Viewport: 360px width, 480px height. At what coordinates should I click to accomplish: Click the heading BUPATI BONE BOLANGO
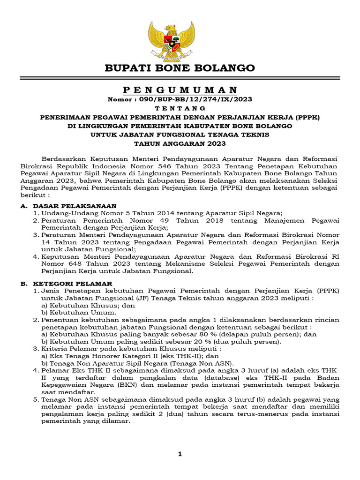pyautogui.click(x=180, y=68)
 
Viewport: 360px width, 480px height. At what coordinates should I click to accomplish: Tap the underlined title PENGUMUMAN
pyautogui.click(x=180, y=90)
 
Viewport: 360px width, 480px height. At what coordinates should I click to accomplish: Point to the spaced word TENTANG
pyautogui.click(x=180, y=108)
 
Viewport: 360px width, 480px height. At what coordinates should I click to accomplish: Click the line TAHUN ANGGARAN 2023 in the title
pyautogui.click(x=180, y=143)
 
